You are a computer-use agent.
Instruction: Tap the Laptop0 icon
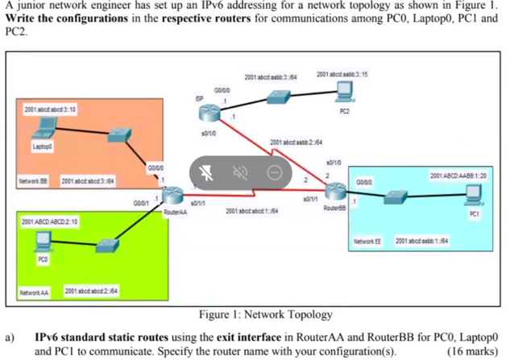pos(46,128)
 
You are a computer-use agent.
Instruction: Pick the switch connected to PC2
pos(279,97)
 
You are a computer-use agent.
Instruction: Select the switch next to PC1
pos(397,196)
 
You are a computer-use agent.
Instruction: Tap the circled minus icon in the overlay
pos(275,172)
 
